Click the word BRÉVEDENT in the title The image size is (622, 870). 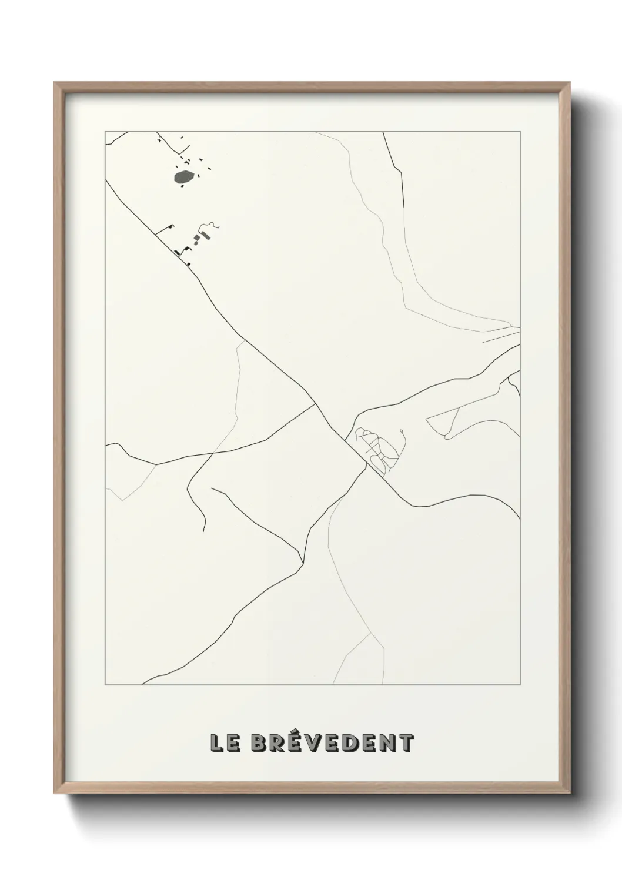coord(332,743)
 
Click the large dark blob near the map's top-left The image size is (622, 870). coord(185,176)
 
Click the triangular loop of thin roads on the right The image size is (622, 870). coord(447,420)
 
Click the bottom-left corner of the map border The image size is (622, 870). coord(105,684)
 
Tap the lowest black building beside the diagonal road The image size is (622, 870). coord(189,264)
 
